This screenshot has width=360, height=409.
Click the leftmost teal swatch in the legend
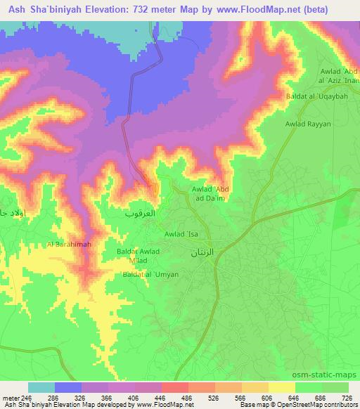(x=41, y=387)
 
